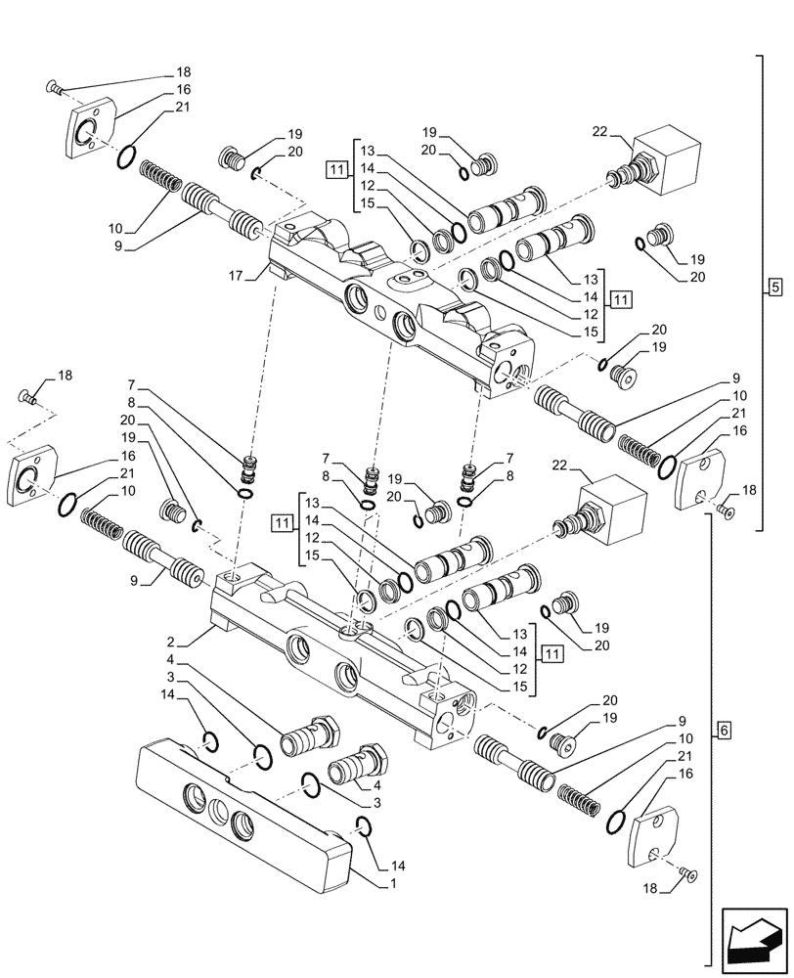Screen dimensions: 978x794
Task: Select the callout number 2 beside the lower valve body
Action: click(x=170, y=642)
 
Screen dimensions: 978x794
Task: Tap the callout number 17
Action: click(x=235, y=278)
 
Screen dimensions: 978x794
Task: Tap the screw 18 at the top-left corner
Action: click(x=55, y=90)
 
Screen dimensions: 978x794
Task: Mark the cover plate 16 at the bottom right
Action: click(x=655, y=835)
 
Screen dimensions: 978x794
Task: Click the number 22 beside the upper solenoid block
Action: click(x=600, y=130)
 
